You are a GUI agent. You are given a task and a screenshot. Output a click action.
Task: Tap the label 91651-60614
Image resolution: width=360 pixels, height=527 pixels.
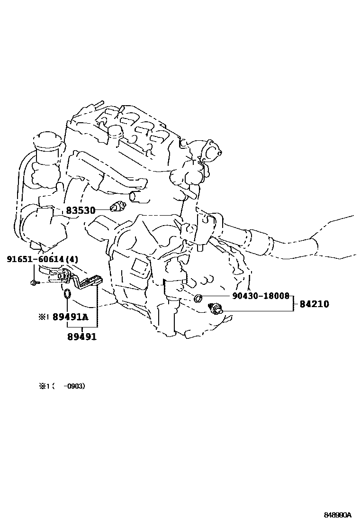point(35,259)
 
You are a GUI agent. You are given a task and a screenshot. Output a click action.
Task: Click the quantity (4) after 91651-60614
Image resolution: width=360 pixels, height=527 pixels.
point(72,259)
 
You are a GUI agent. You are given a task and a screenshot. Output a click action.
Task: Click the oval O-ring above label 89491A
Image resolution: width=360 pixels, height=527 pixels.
point(67,295)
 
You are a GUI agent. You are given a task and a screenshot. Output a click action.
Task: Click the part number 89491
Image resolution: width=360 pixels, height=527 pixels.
point(81,336)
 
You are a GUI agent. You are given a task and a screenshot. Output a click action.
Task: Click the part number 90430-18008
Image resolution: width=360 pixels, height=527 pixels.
point(261,296)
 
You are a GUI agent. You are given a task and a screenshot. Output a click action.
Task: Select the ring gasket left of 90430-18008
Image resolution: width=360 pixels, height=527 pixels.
point(198,298)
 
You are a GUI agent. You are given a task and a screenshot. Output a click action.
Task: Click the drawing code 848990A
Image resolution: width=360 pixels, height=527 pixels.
point(338,515)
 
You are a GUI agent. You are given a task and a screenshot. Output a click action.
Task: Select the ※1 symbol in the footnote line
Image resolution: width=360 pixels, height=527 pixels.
point(44,386)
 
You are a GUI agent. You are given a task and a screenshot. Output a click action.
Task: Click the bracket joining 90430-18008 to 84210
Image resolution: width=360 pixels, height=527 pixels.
point(294,303)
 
